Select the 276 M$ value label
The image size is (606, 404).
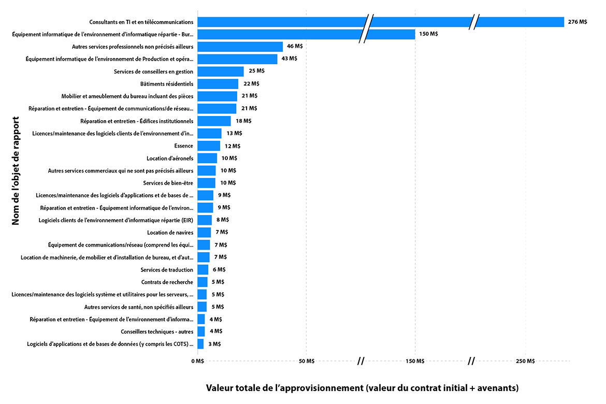[x=578, y=22]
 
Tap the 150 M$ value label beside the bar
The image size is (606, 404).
[x=428, y=34]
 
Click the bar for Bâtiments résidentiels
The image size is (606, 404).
[x=218, y=84]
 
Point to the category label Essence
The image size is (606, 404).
[x=183, y=146]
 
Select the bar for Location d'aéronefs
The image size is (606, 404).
[x=207, y=158]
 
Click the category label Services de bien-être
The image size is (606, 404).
[x=168, y=183]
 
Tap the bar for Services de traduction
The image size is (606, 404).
[x=203, y=270]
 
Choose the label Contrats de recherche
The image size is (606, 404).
[x=167, y=282]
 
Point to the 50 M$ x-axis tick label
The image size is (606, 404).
[x=307, y=361]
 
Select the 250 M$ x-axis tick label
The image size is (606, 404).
[x=525, y=361]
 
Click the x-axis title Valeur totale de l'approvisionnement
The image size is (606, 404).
[x=362, y=388]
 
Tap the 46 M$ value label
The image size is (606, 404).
[x=295, y=47]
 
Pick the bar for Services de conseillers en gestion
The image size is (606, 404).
[x=220, y=71]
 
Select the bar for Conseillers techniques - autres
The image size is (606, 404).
[x=201, y=331]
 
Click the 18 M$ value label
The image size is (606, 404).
[x=243, y=121]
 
